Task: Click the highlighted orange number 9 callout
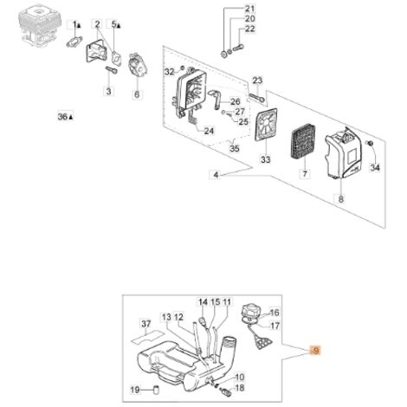[x=315, y=351]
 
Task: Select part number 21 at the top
[x=249, y=9]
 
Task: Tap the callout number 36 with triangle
[x=65, y=117]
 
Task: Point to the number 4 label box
[x=216, y=175]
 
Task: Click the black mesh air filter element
[x=304, y=147]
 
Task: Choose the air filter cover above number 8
[x=343, y=152]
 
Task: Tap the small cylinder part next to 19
[x=157, y=390]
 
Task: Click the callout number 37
[x=146, y=324]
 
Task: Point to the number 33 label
[x=265, y=159]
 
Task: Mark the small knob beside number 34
[x=370, y=143]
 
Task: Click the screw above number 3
[x=112, y=69]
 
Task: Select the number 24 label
[x=209, y=131]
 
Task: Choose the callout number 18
[x=240, y=388]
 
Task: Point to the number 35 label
[x=235, y=148]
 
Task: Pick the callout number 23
[x=257, y=81]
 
